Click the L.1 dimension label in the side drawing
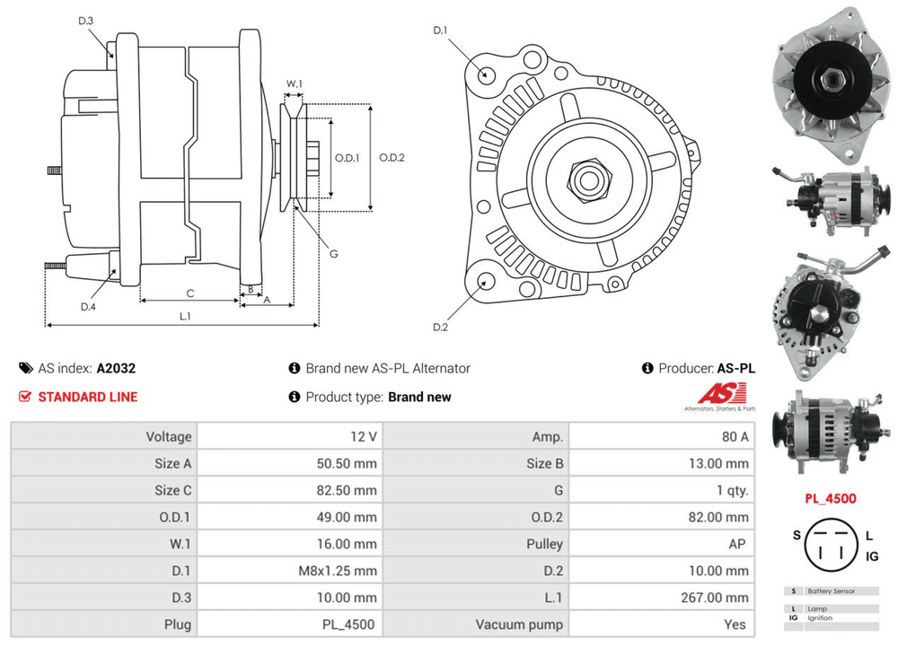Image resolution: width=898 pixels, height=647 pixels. [184, 316]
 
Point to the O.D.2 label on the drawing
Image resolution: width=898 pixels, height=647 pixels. [392, 158]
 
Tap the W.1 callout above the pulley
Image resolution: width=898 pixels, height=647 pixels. [294, 84]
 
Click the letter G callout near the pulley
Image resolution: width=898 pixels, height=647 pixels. [333, 254]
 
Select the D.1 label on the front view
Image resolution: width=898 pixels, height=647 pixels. [440, 31]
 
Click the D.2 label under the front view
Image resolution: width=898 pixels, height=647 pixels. [440, 327]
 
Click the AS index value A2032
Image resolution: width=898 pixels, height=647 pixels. [116, 368]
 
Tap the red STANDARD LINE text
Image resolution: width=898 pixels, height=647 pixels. [87, 397]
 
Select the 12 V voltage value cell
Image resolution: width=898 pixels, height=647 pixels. [365, 437]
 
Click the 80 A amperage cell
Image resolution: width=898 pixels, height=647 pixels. [734, 437]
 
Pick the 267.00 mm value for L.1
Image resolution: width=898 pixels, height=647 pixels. [718, 597]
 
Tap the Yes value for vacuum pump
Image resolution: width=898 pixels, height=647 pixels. [735, 624]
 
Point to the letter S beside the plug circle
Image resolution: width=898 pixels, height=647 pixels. [796, 536]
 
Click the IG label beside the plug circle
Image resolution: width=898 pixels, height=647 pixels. [871, 557]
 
